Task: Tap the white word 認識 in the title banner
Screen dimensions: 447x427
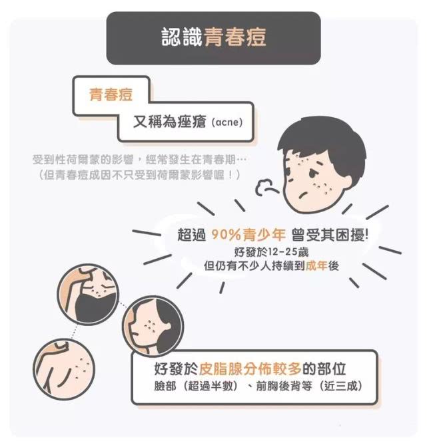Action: (179, 37)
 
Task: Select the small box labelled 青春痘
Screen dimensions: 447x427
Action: (111, 94)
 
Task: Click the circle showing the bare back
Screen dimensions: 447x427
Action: (65, 369)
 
